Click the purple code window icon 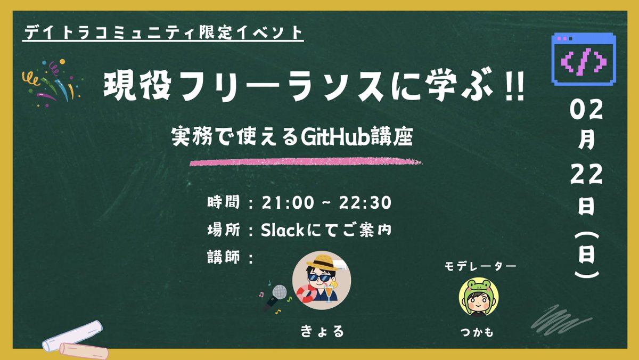point(584,59)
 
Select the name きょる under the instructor point(322,331)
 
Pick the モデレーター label point(480,266)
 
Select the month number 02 point(586,113)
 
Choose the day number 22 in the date point(586,175)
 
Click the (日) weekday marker point(586,256)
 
